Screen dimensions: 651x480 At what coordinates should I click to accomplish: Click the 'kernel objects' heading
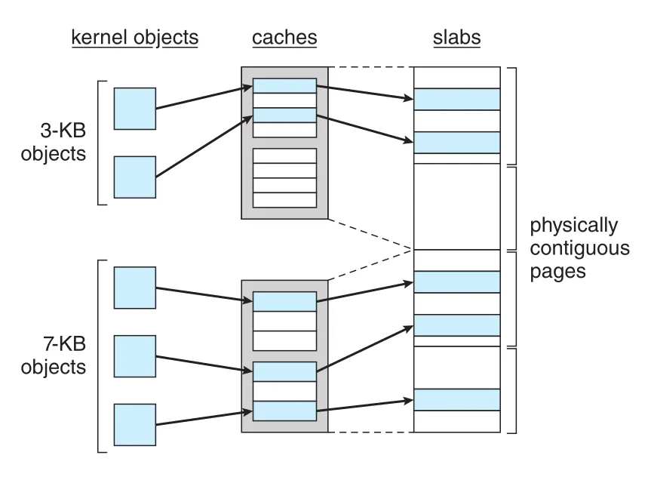[x=135, y=38]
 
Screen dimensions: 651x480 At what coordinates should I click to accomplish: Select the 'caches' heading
[x=284, y=38]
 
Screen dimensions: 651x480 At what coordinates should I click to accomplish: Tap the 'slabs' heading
[x=456, y=38]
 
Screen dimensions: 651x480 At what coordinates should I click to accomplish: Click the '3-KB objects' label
[x=54, y=142]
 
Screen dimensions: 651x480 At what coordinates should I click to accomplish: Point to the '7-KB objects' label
[x=54, y=355]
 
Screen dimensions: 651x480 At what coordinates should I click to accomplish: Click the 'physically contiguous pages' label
[x=579, y=248]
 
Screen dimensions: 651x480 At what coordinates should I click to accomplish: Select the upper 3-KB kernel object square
[x=135, y=109]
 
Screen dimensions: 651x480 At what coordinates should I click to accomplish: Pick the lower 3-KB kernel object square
[x=135, y=177]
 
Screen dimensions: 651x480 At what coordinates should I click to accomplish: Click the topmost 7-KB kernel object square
[x=135, y=288]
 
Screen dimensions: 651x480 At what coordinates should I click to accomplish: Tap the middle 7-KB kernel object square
[x=135, y=356]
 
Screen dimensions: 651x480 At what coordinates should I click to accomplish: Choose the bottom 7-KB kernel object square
[x=135, y=425]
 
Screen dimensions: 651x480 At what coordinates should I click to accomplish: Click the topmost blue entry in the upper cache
[x=284, y=85]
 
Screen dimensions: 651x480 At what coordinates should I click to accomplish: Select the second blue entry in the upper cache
[x=284, y=115]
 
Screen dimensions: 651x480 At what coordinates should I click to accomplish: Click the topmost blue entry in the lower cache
[x=284, y=301]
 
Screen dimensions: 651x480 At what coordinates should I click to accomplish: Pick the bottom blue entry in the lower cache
[x=284, y=411]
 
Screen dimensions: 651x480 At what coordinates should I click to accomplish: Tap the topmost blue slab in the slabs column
[x=456, y=99]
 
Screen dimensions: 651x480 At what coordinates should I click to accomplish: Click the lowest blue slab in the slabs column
[x=456, y=400]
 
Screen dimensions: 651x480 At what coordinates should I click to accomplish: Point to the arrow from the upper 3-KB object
[x=204, y=97]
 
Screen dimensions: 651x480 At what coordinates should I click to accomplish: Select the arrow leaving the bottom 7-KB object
[x=204, y=418]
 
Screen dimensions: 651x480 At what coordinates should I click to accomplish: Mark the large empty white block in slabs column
[x=456, y=206]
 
